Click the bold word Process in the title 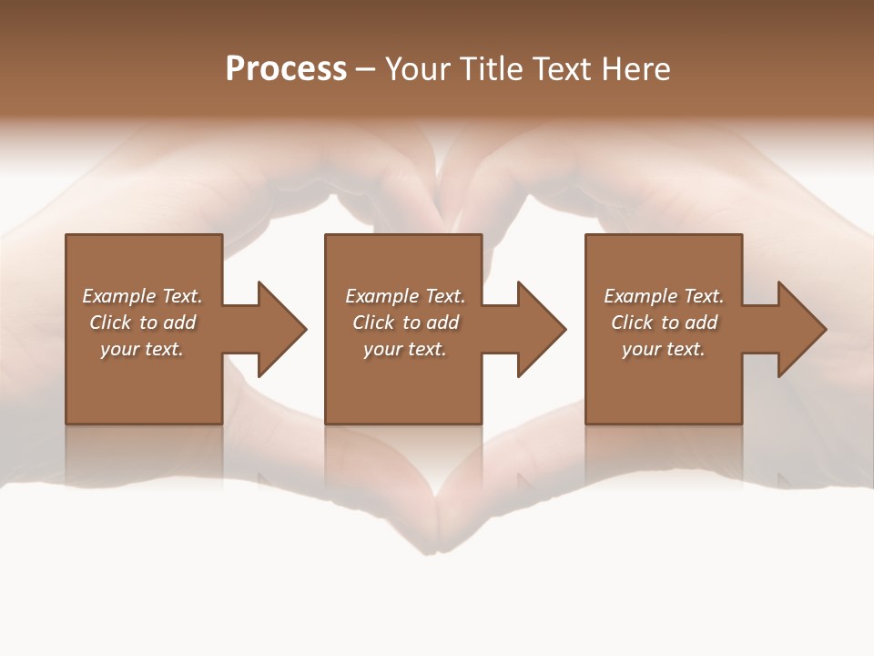pos(286,69)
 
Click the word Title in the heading pos(490,69)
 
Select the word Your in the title pos(417,69)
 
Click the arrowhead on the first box pos(280,329)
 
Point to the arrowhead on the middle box pos(541,329)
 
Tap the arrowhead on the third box pos(800,329)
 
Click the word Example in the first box pos(119,296)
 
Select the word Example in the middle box pos(382,296)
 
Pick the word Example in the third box pos(641,296)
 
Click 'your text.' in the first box pos(142,349)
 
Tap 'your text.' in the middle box pos(405,349)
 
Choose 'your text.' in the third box pos(664,349)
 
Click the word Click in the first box pos(111,323)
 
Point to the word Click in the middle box pos(374,323)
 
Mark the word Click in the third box pos(633,323)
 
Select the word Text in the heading pos(558,69)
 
